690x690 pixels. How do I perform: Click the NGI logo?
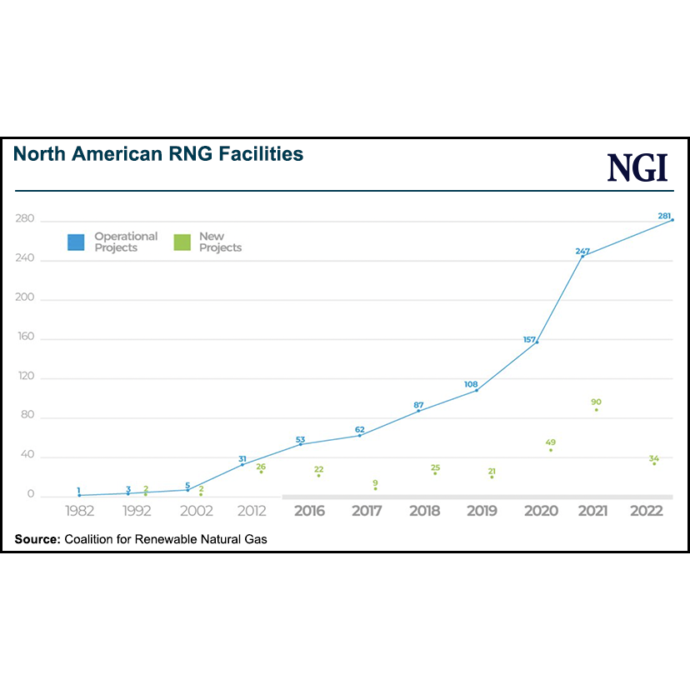637,167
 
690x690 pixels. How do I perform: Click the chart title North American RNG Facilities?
158,154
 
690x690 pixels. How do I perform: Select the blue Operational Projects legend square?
77,242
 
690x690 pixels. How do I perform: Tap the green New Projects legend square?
182,242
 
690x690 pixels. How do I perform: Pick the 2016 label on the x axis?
309,511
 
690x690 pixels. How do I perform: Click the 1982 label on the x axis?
80,511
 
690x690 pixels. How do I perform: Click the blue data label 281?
664,216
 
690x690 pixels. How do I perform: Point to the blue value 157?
529,338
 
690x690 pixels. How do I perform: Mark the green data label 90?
596,402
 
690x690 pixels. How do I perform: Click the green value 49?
551,442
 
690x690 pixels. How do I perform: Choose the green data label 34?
654,458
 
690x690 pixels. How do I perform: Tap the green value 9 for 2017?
375,482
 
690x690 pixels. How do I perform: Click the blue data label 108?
471,384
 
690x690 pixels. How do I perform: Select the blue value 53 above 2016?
301,439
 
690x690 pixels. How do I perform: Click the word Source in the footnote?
37,540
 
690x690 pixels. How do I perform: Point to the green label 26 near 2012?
261,467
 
